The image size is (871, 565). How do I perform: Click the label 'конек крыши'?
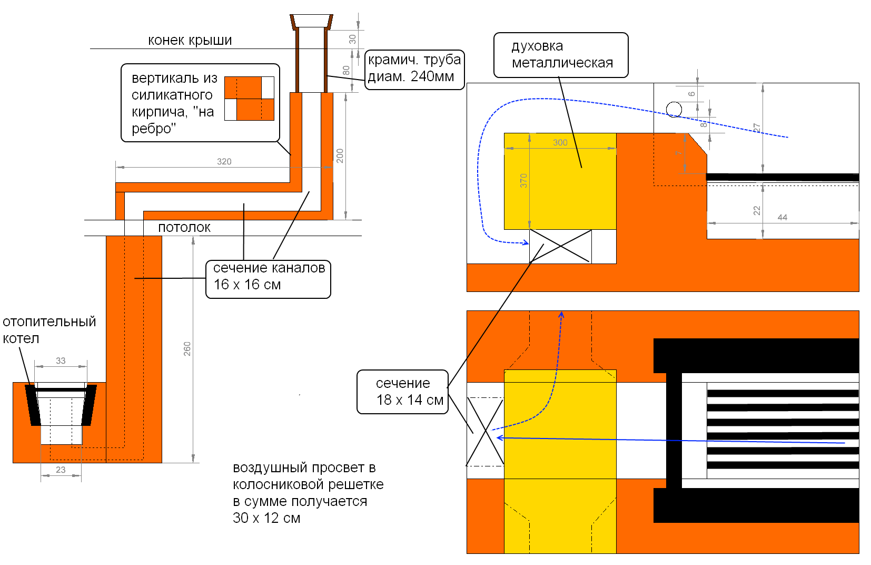click(x=190, y=41)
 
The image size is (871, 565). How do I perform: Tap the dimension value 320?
click(x=224, y=162)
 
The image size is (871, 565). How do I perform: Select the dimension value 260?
click(x=187, y=348)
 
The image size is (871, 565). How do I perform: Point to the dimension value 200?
click(x=340, y=155)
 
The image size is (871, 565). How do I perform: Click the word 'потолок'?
click(x=184, y=228)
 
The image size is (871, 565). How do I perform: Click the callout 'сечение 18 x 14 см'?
click(x=403, y=392)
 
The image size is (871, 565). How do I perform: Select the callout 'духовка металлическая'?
click(x=561, y=55)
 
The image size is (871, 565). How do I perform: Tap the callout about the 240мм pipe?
click(x=414, y=69)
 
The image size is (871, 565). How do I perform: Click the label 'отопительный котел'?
click(x=49, y=330)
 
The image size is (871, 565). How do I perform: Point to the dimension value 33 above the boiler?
click(x=61, y=361)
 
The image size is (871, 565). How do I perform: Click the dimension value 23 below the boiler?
click(x=61, y=470)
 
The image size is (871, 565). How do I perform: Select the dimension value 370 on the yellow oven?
click(x=523, y=181)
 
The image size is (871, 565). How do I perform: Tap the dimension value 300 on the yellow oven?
click(x=560, y=143)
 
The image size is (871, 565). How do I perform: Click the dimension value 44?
click(x=783, y=218)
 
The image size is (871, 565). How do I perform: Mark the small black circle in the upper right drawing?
click(x=674, y=110)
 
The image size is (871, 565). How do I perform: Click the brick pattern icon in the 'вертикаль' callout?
click(x=249, y=99)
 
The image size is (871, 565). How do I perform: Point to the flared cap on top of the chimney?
click(x=311, y=21)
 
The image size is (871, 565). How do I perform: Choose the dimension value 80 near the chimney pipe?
click(x=346, y=70)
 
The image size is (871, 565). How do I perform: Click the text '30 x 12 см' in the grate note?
click(x=266, y=518)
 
